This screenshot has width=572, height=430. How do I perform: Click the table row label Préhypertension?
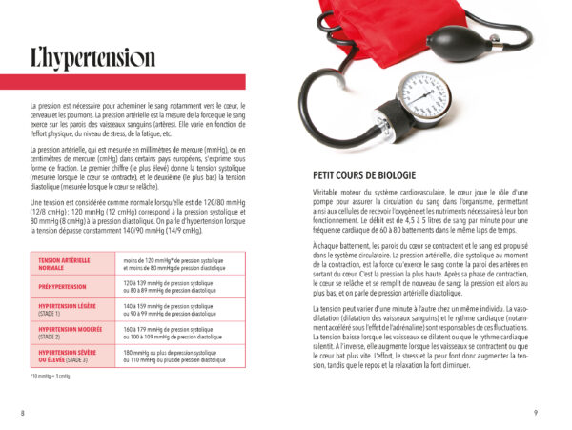click(62, 286)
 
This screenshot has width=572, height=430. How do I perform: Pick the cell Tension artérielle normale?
click(63, 263)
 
